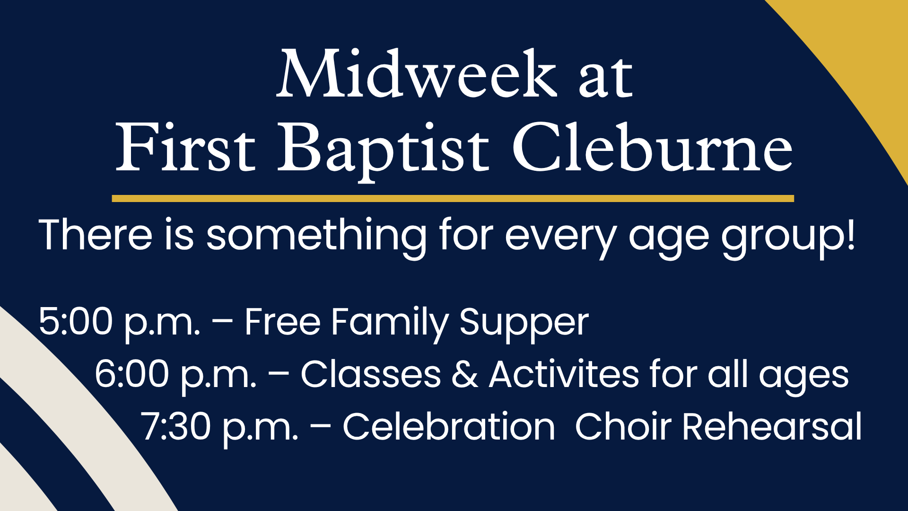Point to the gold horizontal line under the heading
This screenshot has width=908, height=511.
click(453, 199)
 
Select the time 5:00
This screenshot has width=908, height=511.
click(76, 322)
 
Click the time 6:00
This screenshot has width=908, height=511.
click(132, 374)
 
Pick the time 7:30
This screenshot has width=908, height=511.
click(176, 427)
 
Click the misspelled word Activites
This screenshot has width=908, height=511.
click(564, 374)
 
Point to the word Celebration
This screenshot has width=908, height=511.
click(449, 426)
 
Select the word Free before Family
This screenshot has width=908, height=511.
click(283, 322)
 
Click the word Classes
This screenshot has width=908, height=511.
click(371, 374)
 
